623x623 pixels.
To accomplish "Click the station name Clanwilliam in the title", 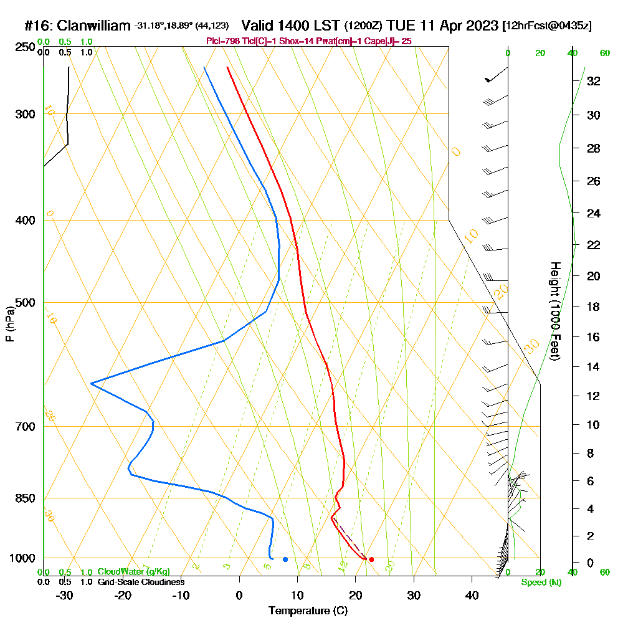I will tap(94, 26).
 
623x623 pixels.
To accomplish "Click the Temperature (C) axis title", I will tap(308, 611).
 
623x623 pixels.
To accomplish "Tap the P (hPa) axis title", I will tap(9, 324).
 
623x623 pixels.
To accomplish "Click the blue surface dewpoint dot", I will tap(285, 559).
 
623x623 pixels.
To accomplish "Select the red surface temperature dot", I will tap(371, 559).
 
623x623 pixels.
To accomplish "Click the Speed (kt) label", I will tap(541, 583).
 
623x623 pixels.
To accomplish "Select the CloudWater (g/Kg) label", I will tap(133, 572).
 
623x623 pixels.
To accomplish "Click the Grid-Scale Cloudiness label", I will tap(140, 582).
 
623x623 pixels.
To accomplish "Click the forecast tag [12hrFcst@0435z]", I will tap(546, 26).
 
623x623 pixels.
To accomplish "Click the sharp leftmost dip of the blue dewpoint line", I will tap(91, 384).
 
